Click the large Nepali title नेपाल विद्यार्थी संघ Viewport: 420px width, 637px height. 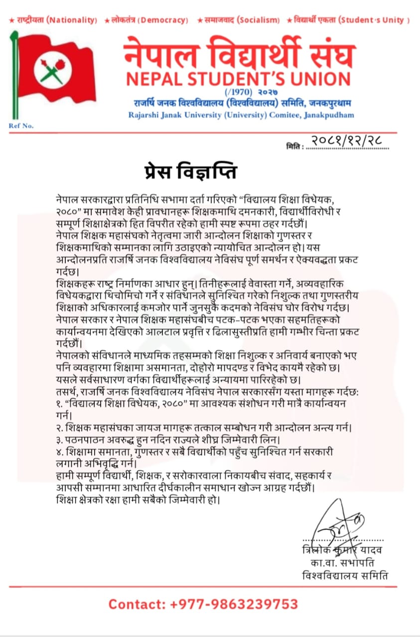click(x=240, y=54)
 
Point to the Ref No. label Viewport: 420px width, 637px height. click(x=21, y=125)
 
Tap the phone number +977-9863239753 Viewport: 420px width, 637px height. click(x=234, y=604)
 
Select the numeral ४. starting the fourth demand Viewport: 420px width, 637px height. click(x=61, y=451)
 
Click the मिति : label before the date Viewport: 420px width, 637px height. click(x=294, y=146)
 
